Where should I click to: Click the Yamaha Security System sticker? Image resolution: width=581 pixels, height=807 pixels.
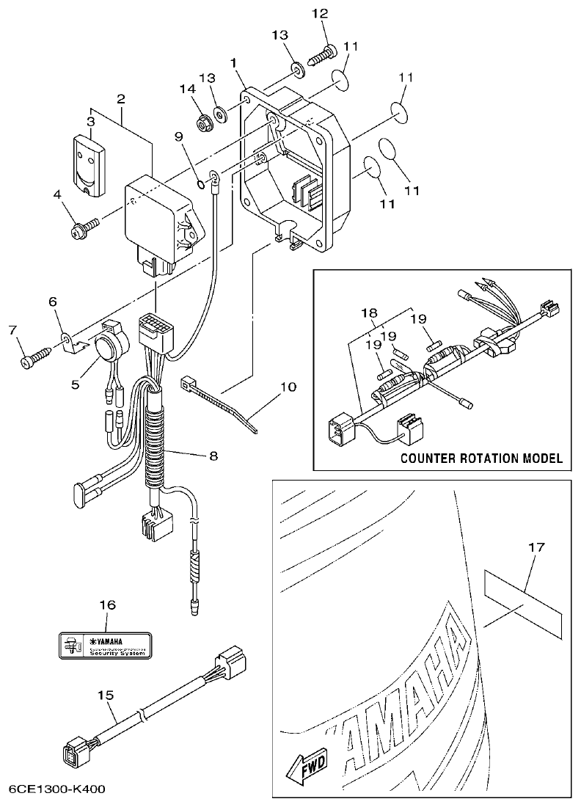106,646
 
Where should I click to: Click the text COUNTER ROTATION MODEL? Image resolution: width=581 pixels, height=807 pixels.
481,459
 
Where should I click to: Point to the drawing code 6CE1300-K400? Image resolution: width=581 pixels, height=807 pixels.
56,790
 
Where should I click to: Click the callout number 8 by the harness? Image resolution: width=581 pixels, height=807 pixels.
213,456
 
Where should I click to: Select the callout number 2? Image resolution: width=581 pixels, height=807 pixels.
120,98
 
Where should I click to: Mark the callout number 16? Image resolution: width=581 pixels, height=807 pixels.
107,605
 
